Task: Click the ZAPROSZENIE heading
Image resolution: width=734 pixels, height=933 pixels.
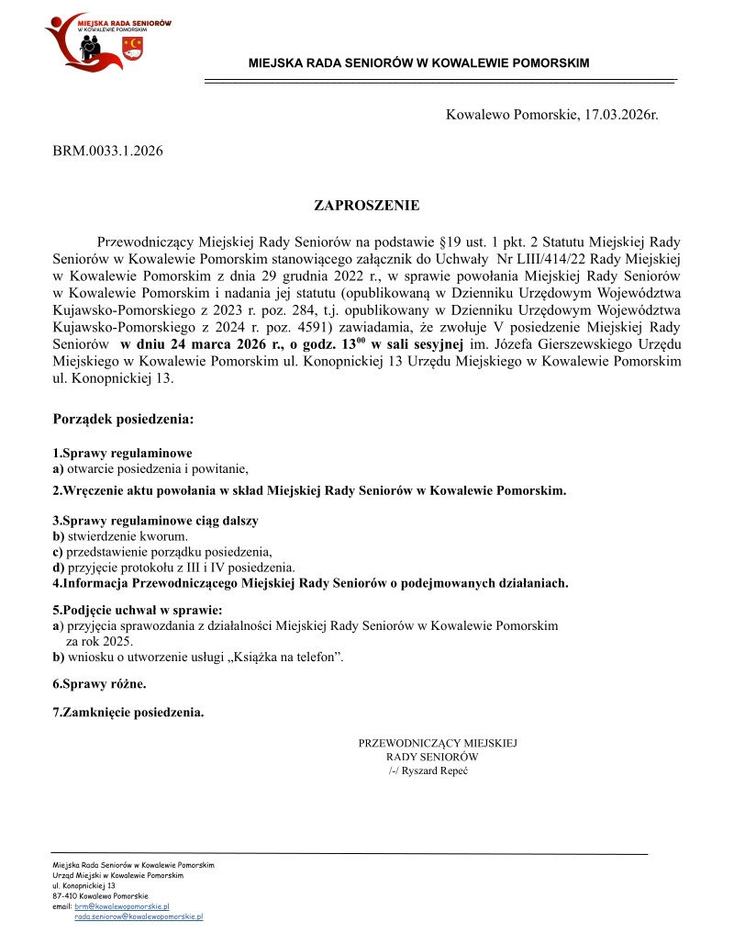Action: pos(367,206)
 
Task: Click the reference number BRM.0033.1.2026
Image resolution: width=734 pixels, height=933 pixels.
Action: pos(107,150)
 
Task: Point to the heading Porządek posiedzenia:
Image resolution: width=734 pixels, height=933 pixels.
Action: pos(124,421)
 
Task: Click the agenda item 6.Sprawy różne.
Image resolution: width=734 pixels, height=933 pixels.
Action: pos(99,684)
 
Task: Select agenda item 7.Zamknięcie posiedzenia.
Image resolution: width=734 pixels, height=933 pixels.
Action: pos(128,712)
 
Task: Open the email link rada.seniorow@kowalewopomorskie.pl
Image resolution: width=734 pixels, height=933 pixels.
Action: pos(139,916)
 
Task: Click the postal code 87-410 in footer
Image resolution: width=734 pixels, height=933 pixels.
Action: pos(66,896)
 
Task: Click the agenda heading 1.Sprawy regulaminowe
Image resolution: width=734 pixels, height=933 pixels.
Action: pos(122,454)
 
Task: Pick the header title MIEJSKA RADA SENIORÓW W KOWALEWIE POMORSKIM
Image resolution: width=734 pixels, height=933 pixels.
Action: pos(418,63)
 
